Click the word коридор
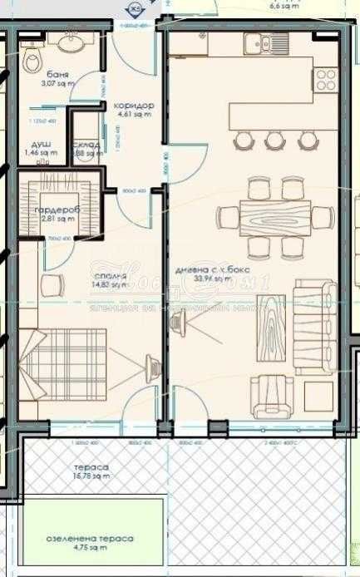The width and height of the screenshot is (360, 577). coord(135,106)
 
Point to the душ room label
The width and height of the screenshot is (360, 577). coord(40,144)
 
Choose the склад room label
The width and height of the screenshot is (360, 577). coord(86,145)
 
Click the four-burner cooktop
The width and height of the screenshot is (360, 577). coord(325,80)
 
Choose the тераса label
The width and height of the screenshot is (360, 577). coord(89,467)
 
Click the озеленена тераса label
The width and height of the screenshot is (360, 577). coord(89,539)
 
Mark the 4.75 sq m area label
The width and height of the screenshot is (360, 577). coord(89,549)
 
